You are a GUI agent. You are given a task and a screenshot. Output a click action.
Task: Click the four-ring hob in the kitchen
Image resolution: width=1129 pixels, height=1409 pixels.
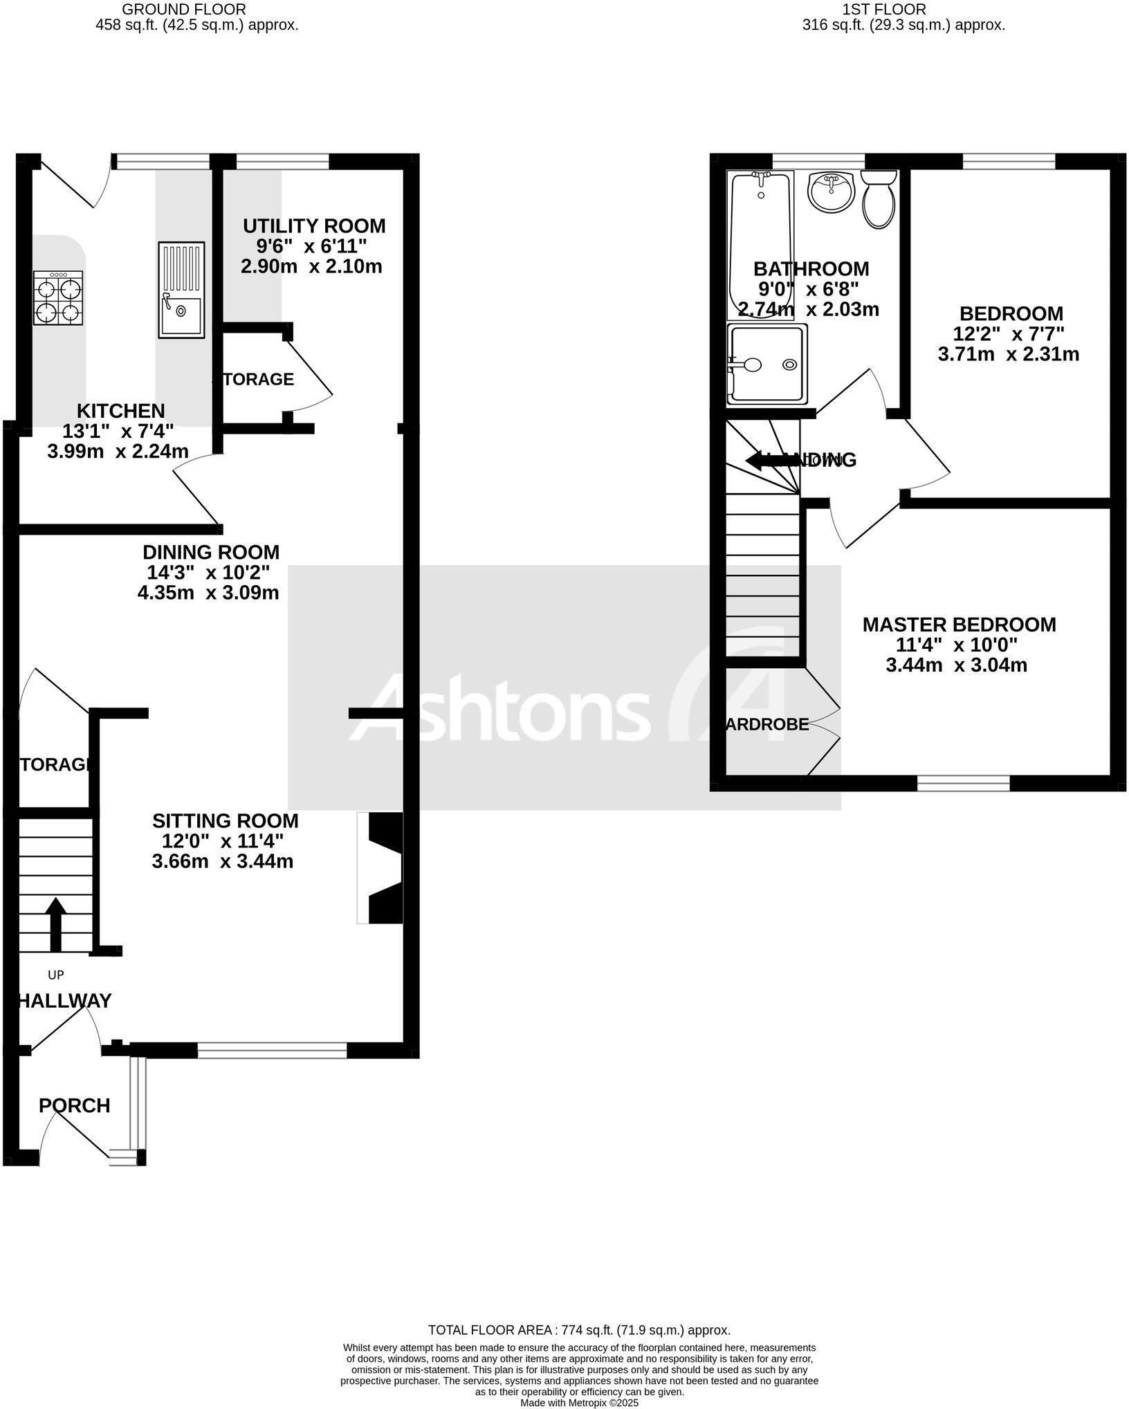[58, 297]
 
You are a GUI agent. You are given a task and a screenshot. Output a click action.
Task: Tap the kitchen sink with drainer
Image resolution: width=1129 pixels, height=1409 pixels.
[181, 290]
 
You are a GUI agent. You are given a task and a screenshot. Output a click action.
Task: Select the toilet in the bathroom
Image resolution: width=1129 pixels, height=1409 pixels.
[879, 200]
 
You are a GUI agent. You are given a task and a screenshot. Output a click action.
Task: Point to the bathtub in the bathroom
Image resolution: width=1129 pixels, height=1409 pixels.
[761, 246]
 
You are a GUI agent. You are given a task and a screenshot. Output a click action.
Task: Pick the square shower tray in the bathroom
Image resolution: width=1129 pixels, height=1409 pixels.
[768, 365]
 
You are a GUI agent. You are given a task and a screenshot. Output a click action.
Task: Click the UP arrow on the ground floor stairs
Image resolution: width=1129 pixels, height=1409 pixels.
[55, 924]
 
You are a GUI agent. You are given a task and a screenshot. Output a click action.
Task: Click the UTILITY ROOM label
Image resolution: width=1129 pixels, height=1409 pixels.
[314, 226]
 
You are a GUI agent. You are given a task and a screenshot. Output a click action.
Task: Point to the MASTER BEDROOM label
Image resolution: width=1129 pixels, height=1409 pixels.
[959, 625]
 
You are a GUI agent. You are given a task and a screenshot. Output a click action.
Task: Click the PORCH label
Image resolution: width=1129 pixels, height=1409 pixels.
[75, 1105]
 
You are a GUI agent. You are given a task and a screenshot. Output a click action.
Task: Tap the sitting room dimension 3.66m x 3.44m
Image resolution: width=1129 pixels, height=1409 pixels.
[222, 861]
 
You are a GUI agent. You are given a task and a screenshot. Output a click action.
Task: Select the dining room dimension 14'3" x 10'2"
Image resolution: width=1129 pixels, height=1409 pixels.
[208, 573]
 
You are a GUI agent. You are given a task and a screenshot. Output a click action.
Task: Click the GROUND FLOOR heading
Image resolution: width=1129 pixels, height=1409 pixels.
[183, 9]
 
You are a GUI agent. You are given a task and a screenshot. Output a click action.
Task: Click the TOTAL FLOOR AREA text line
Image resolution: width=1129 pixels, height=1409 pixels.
[579, 1329]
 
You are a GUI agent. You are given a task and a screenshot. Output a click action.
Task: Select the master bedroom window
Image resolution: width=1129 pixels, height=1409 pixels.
[963, 783]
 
